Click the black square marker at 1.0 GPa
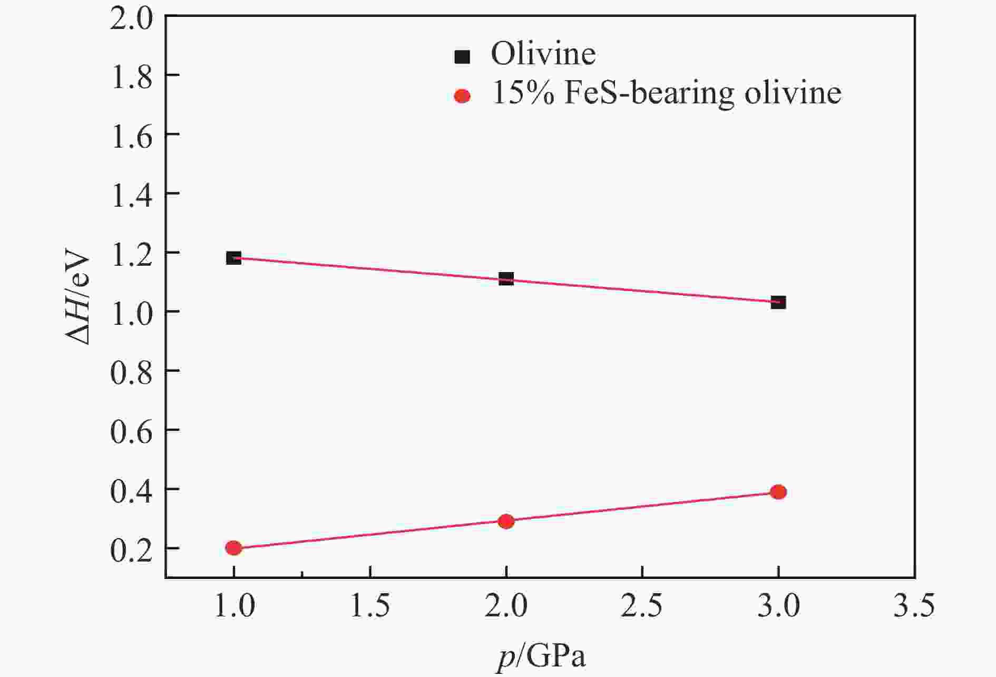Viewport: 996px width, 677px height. pyautogui.click(x=233, y=258)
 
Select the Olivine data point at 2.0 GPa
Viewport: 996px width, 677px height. pyautogui.click(x=506, y=278)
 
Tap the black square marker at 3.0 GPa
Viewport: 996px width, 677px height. pyautogui.click(x=778, y=302)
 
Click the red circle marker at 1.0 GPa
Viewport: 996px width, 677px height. pyautogui.click(x=233, y=548)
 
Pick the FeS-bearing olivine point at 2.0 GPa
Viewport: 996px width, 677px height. pyautogui.click(x=506, y=521)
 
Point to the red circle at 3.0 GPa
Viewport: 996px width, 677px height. pyautogui.click(x=778, y=492)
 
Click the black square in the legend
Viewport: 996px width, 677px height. pyautogui.click(x=462, y=56)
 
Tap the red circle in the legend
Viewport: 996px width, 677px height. pyautogui.click(x=462, y=95)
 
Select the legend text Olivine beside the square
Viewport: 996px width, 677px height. pyautogui.click(x=543, y=54)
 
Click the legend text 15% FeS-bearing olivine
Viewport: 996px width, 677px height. pyautogui.click(x=666, y=94)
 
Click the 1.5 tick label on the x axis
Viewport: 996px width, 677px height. pyautogui.click(x=370, y=605)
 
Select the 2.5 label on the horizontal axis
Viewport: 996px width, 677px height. pyautogui.click(x=642, y=605)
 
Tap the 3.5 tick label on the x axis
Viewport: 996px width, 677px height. pyautogui.click(x=914, y=605)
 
